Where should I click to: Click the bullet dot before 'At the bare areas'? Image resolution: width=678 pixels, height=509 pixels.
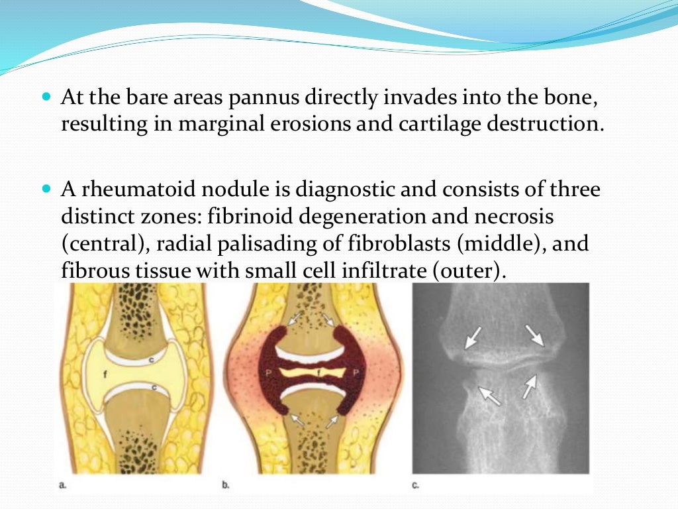(x=46, y=97)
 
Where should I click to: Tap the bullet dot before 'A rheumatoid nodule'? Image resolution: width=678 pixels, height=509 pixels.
(x=46, y=188)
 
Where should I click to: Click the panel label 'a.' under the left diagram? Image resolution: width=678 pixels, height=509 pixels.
(x=62, y=485)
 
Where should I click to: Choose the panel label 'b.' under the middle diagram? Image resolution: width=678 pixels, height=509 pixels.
(x=226, y=485)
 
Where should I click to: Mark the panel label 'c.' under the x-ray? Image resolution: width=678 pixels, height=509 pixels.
(x=416, y=485)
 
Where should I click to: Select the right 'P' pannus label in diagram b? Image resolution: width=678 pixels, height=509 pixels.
(x=356, y=373)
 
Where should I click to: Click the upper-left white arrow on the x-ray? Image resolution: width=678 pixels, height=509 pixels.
(x=473, y=338)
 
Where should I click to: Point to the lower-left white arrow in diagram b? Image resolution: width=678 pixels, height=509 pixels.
(x=298, y=418)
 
